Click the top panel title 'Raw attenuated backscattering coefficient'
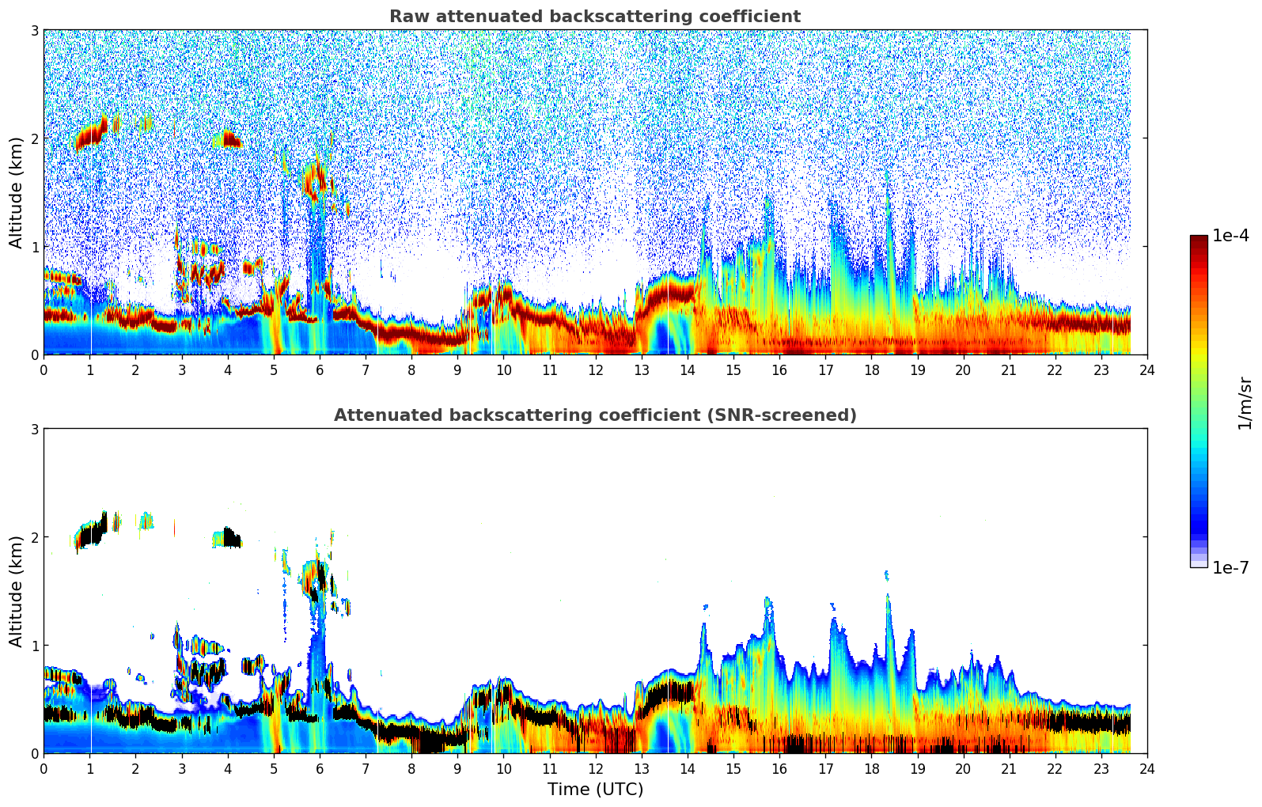[x=595, y=17]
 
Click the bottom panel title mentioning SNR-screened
[x=595, y=415]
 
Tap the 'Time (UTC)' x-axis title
[x=595, y=790]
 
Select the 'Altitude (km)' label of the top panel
[x=16, y=192]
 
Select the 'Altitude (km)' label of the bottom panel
[x=16, y=591]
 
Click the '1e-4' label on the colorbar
[x=1230, y=236]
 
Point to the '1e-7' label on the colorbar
[x=1230, y=568]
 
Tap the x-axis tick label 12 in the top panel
[x=595, y=369]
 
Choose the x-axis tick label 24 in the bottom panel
[x=1146, y=768]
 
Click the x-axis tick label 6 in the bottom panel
[x=320, y=768]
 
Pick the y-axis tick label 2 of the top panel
[x=34, y=138]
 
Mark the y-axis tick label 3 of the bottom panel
[x=34, y=429]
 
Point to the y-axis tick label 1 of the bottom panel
[x=34, y=645]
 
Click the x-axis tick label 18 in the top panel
[x=871, y=369]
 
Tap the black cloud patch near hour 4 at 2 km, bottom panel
[x=231, y=538]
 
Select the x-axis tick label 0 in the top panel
[x=44, y=369]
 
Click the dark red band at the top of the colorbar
[x=1199, y=241]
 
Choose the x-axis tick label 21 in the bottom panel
[x=1009, y=768]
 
